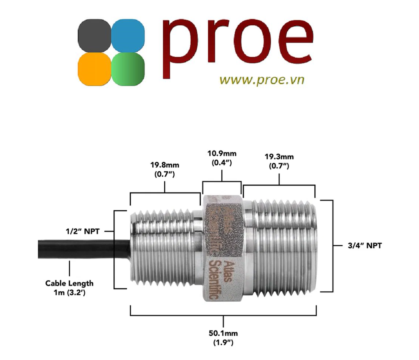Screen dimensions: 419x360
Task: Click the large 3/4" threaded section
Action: tap(282, 247)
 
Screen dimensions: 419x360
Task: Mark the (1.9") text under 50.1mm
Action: tap(223, 342)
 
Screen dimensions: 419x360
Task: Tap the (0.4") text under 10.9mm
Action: tap(221, 163)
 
